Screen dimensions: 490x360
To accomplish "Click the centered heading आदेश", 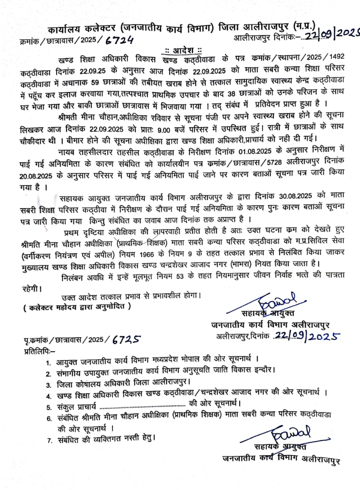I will pos(183,50).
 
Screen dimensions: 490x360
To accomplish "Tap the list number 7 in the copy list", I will pos(49,441).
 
